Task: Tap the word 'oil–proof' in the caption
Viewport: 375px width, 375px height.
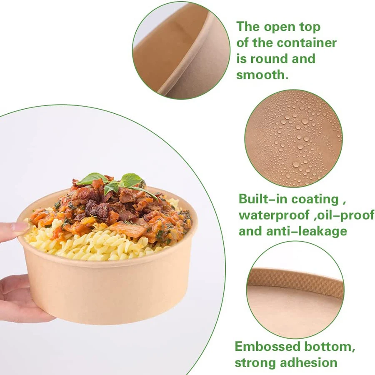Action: coord(343,215)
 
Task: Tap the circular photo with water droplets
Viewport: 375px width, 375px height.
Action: coord(293,138)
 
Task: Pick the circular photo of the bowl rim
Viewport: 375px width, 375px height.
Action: coord(181,50)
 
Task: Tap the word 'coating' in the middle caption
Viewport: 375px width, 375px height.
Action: coord(314,199)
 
